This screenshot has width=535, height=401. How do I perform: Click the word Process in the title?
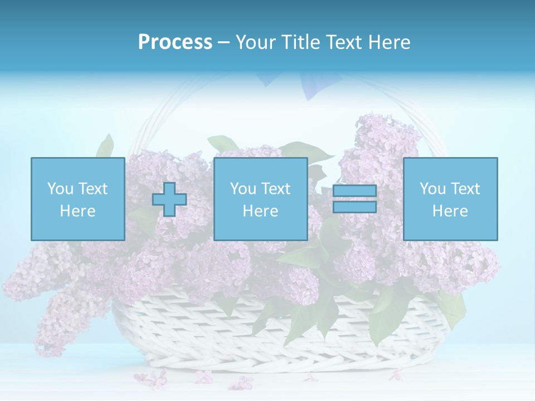coord(175,42)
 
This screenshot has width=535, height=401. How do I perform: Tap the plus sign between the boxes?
coord(169,199)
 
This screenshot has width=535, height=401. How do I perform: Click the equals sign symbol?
coord(355,199)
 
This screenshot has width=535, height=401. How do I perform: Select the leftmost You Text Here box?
coord(77,199)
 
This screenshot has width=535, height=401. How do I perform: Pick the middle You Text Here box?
coord(260,199)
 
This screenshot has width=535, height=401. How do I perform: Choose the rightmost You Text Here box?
coord(450,199)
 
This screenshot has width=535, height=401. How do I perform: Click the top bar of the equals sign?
coord(355,192)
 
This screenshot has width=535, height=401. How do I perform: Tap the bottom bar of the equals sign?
coord(355,207)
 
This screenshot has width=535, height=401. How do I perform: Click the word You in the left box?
coord(59,189)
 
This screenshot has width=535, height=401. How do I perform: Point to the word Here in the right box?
coord(450,211)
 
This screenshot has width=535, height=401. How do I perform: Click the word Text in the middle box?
coord(276,189)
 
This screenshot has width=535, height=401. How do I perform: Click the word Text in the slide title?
coord(344,42)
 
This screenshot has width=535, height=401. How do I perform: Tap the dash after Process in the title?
coord(223,42)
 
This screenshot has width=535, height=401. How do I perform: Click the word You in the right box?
coord(432,189)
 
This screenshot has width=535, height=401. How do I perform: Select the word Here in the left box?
coord(77,211)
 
